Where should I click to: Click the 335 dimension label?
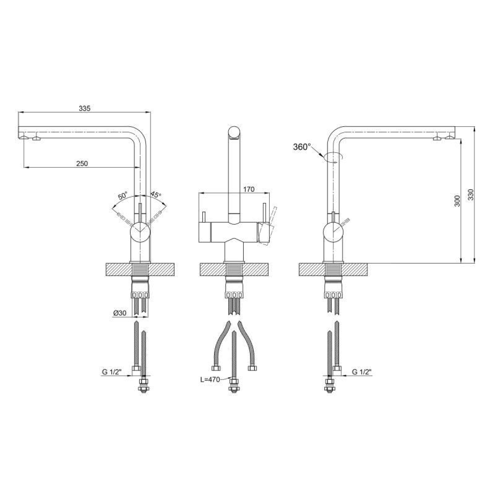pyautogui.click(x=85, y=108)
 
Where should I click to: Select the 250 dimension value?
pyautogui.click(x=82, y=163)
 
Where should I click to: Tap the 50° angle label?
pyautogui.click(x=123, y=196)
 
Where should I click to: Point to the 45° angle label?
pyautogui.click(x=156, y=194)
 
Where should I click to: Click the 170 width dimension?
pyautogui.click(x=249, y=189)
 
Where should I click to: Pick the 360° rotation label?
pyautogui.click(x=302, y=147)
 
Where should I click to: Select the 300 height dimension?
pyautogui.click(x=457, y=201)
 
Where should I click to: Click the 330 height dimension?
pyautogui.click(x=471, y=195)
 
